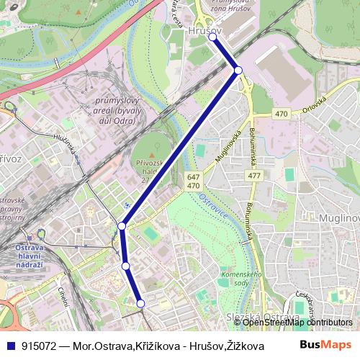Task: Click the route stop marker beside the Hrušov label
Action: tap(212, 37)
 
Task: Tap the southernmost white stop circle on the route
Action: tap(140, 304)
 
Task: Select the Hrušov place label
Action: tap(202, 31)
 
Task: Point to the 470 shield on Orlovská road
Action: tap(281, 114)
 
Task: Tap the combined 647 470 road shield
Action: tap(193, 181)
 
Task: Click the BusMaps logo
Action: tap(325, 344)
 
